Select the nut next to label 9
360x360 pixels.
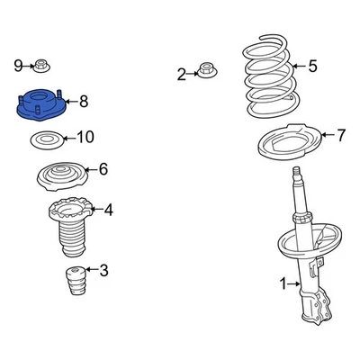42,65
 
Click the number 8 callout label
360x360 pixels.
84,102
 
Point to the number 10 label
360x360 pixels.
85,138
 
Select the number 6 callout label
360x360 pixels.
103,168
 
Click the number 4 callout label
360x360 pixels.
108,211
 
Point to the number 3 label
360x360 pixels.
103,270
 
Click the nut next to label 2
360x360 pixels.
206,70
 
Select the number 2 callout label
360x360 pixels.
181,75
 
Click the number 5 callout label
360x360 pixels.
312,65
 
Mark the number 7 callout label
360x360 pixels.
340,136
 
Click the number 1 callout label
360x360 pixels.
283,284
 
